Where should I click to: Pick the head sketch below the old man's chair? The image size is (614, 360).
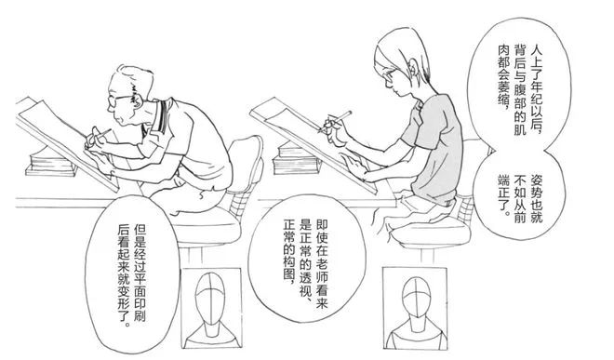pos(212,308)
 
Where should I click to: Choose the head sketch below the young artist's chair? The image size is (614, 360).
pos(415,308)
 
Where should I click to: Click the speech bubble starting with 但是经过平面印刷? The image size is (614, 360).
pos(132,275)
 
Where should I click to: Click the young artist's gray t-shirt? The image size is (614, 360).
pos(434,146)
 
